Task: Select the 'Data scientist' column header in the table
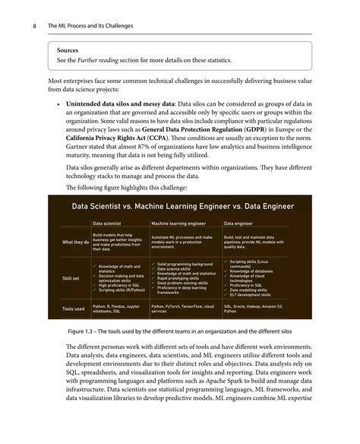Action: coord(109,224)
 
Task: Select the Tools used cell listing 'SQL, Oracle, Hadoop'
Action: coord(257,309)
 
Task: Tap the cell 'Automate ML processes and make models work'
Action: coord(183,242)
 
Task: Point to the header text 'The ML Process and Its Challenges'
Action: coord(90,26)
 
